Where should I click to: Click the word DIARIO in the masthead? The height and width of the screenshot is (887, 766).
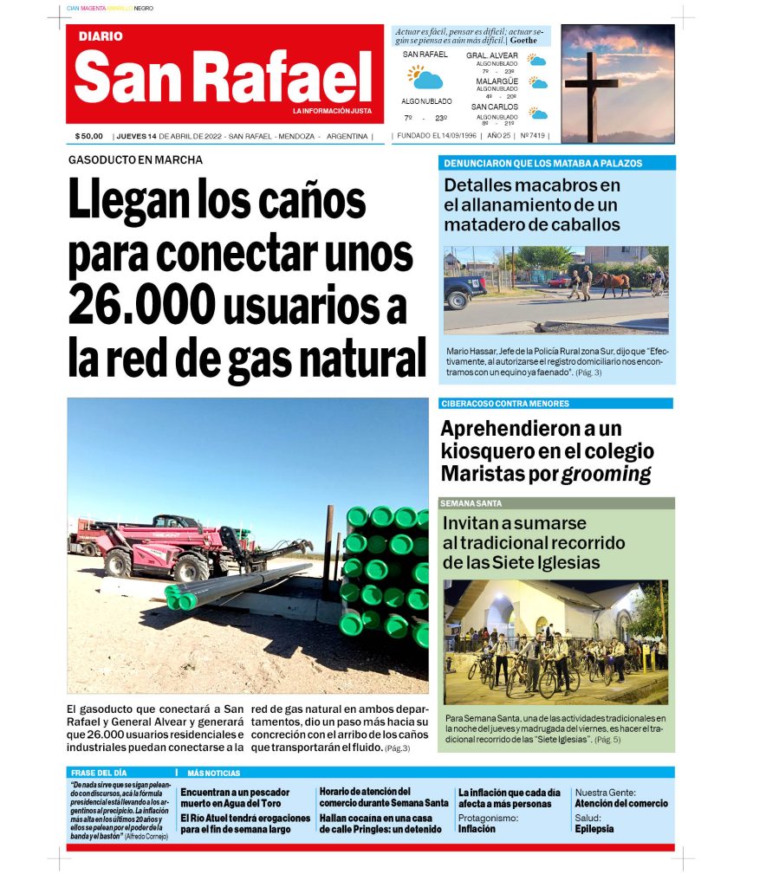click(101, 36)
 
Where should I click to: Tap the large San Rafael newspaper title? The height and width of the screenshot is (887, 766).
click(223, 76)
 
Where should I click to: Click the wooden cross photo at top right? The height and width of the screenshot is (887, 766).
click(617, 83)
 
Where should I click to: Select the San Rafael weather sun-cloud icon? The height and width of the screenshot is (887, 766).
click(425, 78)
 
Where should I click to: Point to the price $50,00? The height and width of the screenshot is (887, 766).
click(89, 136)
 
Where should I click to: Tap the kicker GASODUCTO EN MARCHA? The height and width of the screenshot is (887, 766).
click(135, 159)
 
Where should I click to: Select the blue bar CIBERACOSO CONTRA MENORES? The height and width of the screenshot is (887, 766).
click(504, 404)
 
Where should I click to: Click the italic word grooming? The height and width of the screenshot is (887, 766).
click(606, 474)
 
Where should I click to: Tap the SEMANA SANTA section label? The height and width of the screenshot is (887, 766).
click(471, 503)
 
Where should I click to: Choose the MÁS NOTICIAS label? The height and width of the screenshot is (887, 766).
click(214, 773)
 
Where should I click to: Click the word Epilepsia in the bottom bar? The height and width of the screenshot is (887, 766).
click(594, 829)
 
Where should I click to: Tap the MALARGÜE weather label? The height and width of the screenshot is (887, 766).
click(497, 81)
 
